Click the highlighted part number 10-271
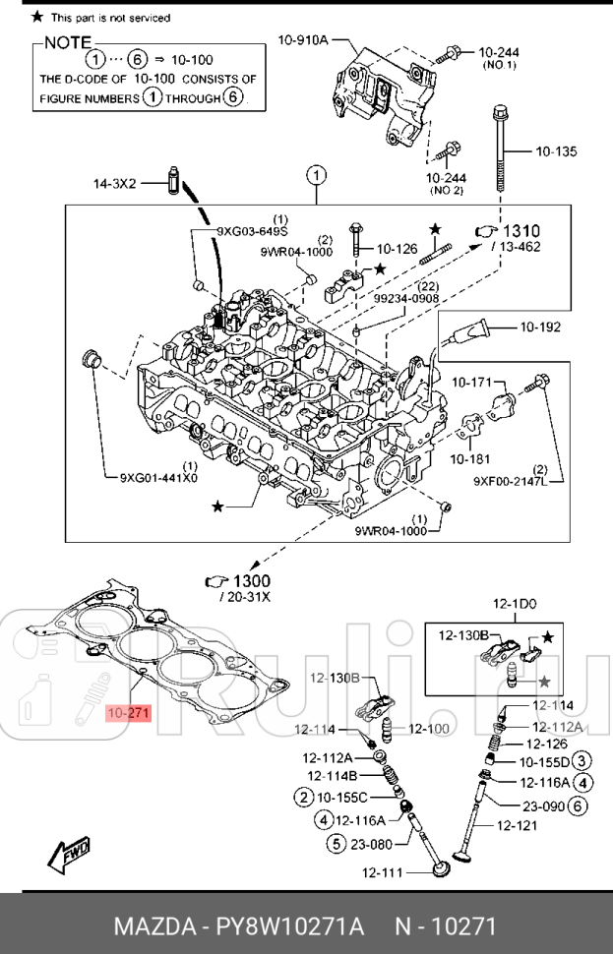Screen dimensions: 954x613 [125, 712]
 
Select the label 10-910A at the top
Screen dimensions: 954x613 [302, 41]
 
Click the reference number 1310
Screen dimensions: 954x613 [521, 230]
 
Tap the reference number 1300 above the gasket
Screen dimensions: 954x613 [252, 582]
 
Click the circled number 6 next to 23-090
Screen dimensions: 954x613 [579, 805]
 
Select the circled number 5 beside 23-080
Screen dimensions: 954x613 [336, 842]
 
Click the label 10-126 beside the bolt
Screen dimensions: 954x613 [398, 249]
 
